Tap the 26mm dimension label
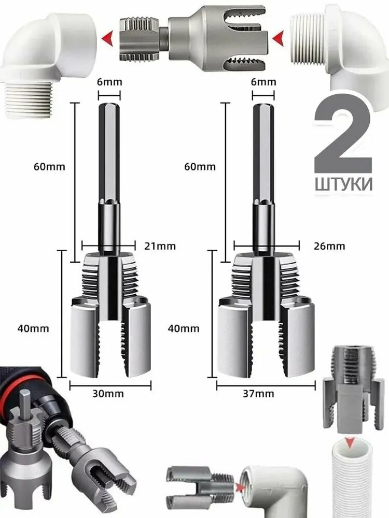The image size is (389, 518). pos(329,247)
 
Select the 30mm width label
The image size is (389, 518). pos(109,394)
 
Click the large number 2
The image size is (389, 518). pos(343,137)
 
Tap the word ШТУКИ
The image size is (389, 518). pos(343,184)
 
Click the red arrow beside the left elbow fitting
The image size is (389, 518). pos(108,37)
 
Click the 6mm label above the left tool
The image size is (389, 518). pos(109,82)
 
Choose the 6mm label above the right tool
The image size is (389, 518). pos(263,82)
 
